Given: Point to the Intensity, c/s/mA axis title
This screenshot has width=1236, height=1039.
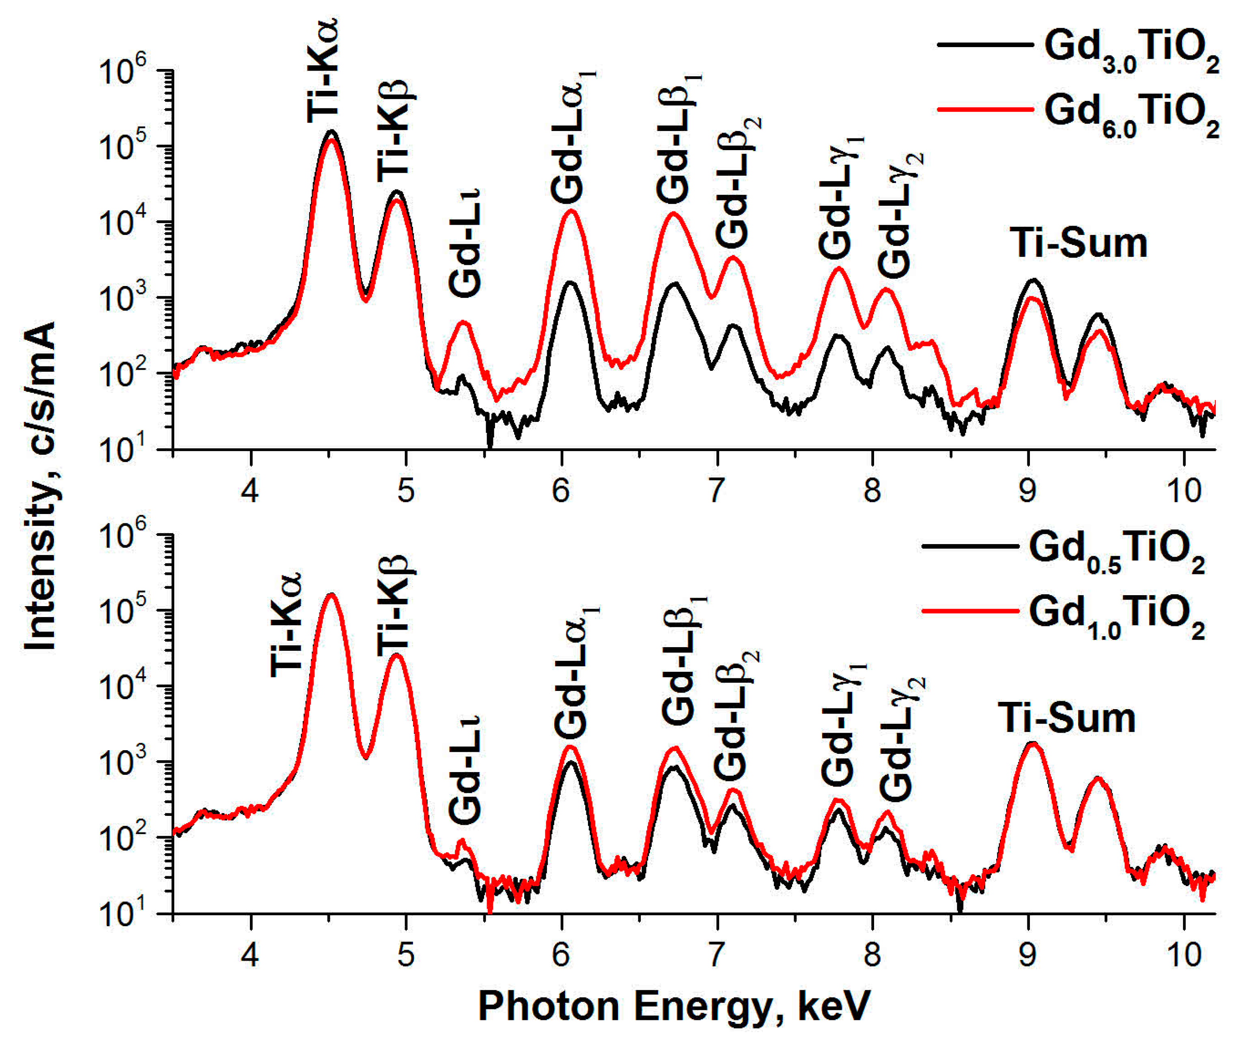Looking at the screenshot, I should tap(40, 486).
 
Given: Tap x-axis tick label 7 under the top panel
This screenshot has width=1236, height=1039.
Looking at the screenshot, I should tap(716, 490).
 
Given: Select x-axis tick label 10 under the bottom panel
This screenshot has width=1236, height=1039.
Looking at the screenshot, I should tap(1183, 955).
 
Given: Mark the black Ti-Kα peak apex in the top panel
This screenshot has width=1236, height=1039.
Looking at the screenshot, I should tap(331, 131).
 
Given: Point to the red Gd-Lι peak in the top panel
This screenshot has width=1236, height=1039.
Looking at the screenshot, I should tap(463, 322).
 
